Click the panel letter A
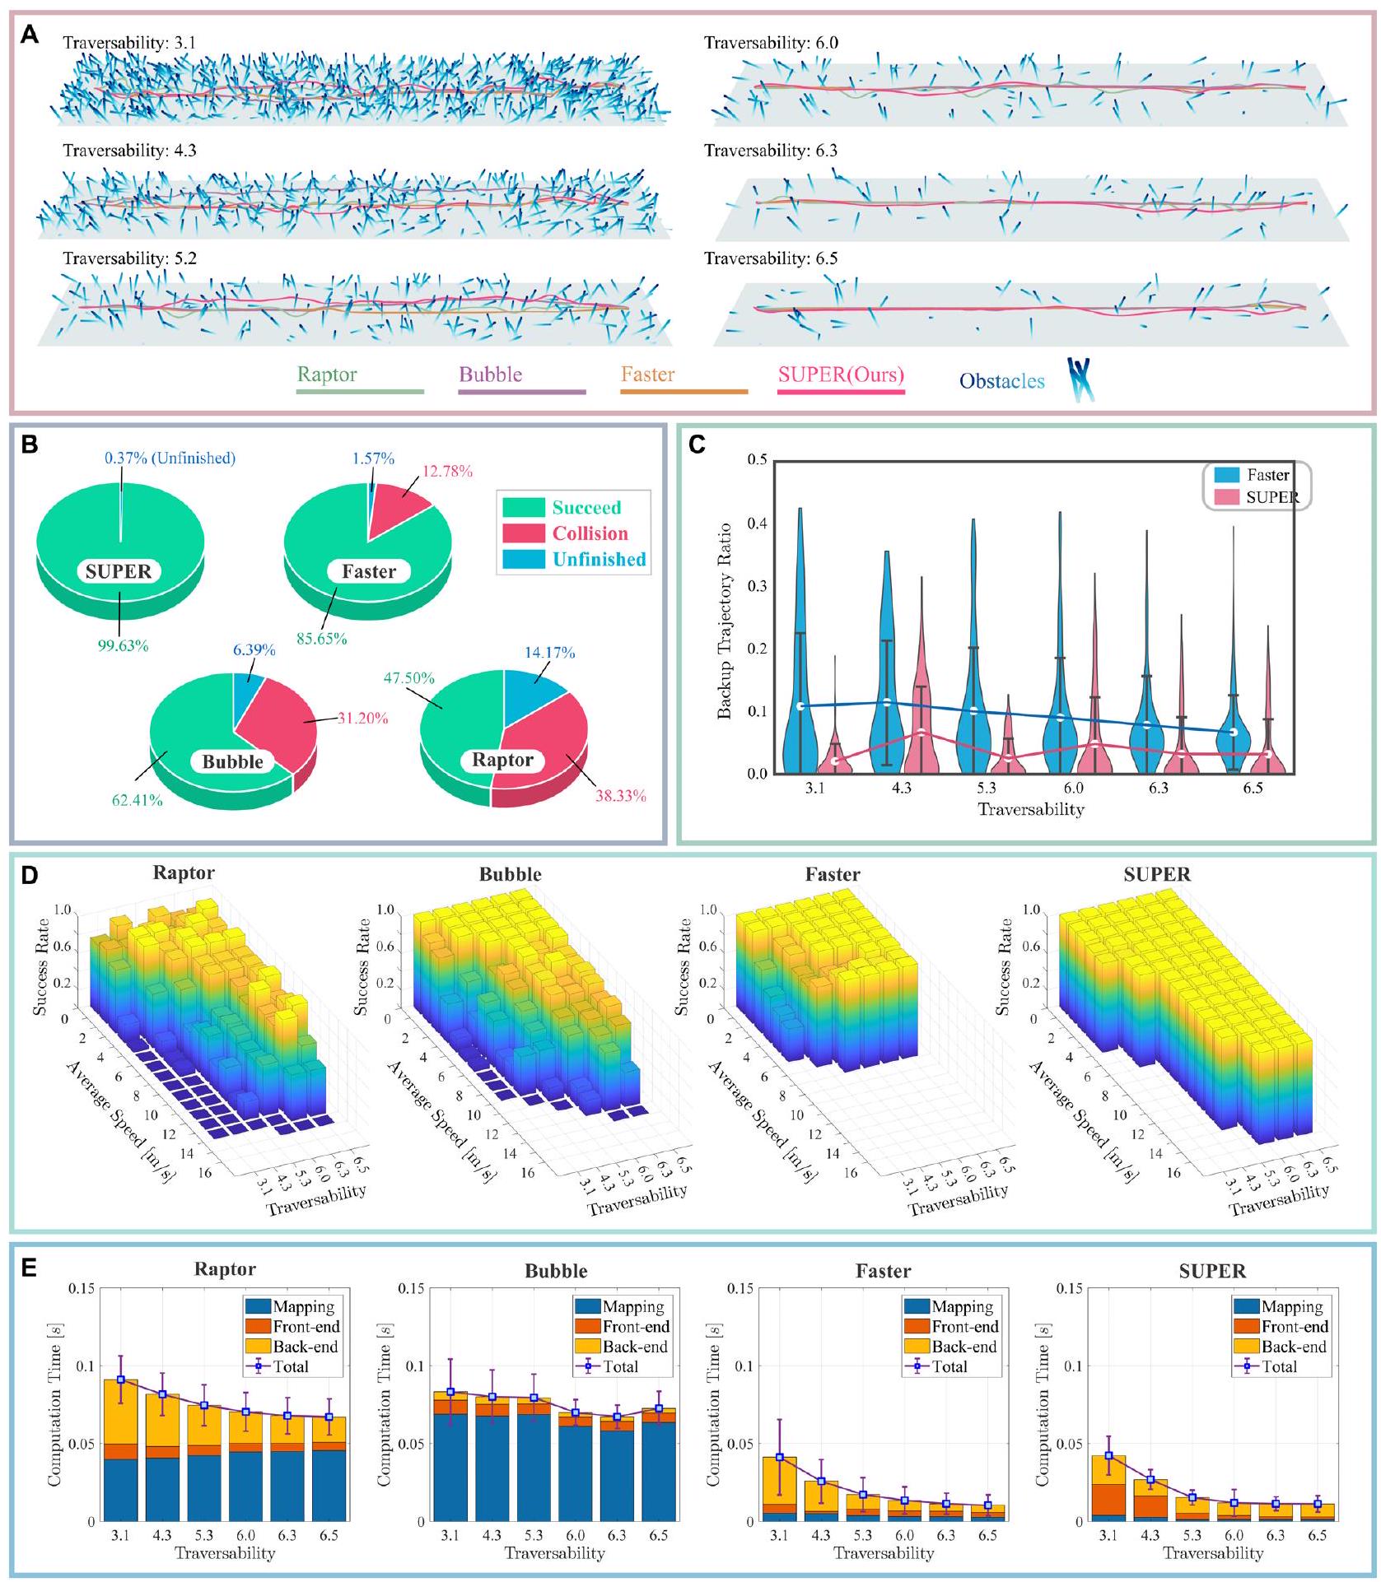click(29, 35)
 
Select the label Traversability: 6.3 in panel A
click(770, 151)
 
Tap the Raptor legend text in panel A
click(327, 375)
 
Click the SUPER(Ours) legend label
click(841, 375)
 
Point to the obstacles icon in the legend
click(1080, 379)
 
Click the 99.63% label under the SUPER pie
click(123, 646)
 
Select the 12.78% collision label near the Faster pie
click(447, 472)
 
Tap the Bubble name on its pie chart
click(232, 761)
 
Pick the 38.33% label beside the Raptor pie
click(620, 796)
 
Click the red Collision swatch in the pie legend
click(523, 533)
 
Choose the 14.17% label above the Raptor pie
click(549, 653)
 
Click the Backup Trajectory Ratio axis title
click(725, 621)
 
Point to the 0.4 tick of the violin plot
click(757, 523)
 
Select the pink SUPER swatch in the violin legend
click(1226, 497)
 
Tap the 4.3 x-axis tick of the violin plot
click(901, 789)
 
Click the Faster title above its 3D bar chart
click(832, 874)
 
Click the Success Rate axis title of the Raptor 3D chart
click(40, 965)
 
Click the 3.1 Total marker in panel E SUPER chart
click(1108, 1455)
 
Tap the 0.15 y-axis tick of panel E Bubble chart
click(410, 1288)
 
